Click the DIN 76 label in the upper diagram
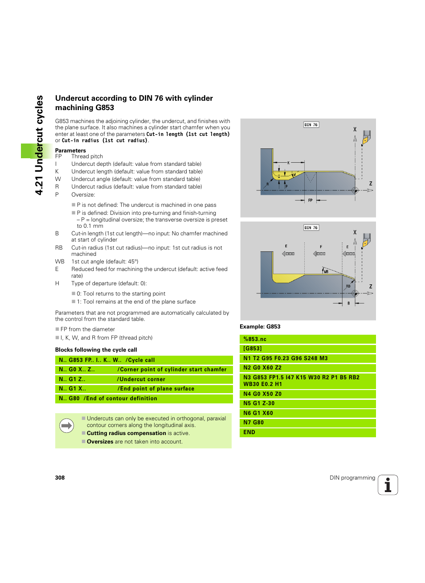coord(311,125)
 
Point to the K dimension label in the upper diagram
coord(288,163)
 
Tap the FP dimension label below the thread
coord(310,201)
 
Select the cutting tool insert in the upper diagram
coord(366,138)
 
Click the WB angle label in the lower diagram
coord(326,271)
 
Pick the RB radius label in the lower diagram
coord(348,286)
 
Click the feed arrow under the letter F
coord(319,254)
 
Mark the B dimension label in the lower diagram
coord(348,304)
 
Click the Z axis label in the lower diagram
coord(370,287)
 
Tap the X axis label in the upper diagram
coord(355,129)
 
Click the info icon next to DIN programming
coord(388,485)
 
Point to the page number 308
coord(60,478)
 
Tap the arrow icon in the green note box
coord(67,426)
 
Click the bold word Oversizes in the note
coord(100,442)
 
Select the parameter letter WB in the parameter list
coord(60,262)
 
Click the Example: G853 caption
coord(260,327)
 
